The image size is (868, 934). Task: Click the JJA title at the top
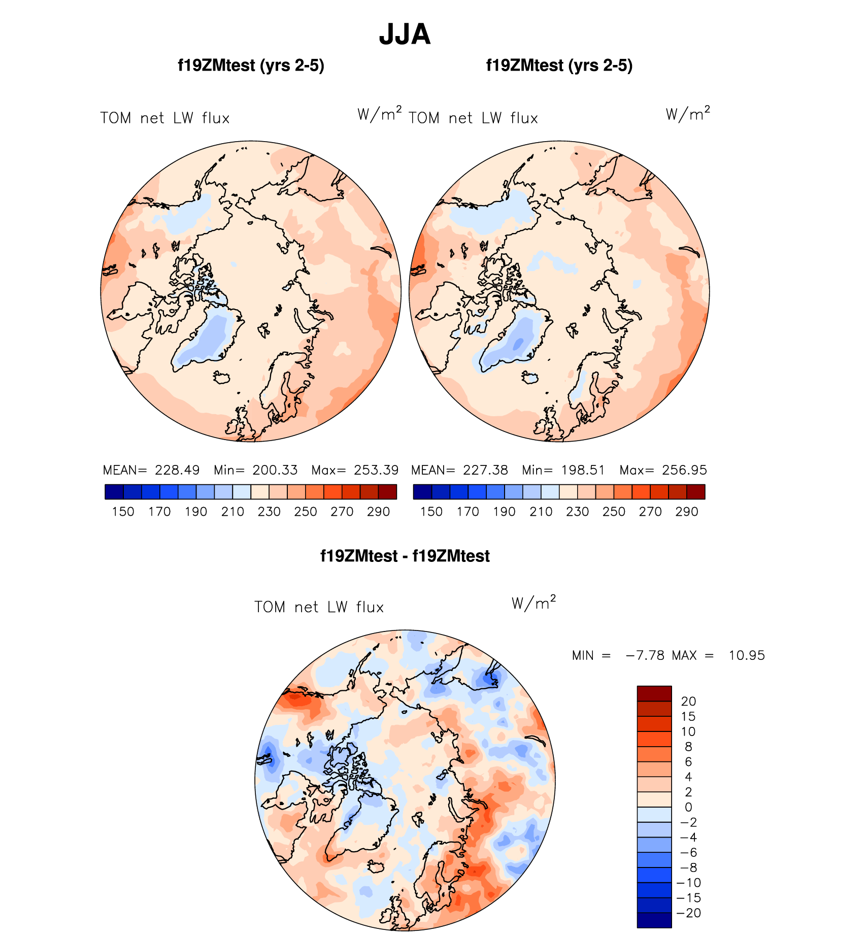(x=405, y=35)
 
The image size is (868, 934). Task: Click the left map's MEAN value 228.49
(x=177, y=470)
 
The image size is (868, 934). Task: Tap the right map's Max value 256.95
(x=684, y=470)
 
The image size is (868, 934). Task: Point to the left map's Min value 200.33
(x=275, y=470)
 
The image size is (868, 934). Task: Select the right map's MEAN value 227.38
(x=485, y=470)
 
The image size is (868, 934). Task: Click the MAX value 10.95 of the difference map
(x=746, y=655)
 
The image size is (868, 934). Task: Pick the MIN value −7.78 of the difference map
(x=645, y=655)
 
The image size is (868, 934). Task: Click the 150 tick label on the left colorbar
(x=123, y=512)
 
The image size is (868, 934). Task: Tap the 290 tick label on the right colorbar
(x=687, y=512)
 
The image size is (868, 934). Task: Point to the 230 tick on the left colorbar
(x=269, y=512)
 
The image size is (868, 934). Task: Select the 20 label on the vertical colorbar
(x=688, y=702)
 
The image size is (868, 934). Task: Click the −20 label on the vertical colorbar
(x=688, y=913)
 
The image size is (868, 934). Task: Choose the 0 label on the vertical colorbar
(x=688, y=807)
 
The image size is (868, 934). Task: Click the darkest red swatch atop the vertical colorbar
(x=654, y=693)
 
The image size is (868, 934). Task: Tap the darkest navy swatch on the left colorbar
(x=114, y=492)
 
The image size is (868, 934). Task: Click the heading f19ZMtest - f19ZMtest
(x=405, y=556)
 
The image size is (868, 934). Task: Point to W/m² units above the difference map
(x=533, y=603)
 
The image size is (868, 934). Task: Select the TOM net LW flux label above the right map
(x=473, y=118)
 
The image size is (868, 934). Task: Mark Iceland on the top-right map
(x=530, y=377)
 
